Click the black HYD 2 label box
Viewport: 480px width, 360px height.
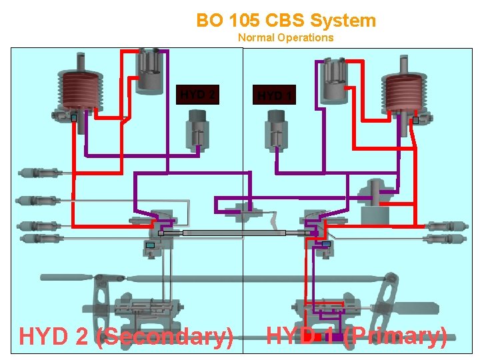197,95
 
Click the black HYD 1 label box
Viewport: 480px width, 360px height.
274,95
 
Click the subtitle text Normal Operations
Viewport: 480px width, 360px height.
285,37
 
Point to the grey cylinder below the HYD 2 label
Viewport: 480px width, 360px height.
197,131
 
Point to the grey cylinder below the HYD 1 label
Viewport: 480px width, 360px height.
276,131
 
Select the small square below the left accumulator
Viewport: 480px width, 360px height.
74,118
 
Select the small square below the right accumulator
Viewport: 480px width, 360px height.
415,121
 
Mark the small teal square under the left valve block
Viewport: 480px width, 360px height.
150,245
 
